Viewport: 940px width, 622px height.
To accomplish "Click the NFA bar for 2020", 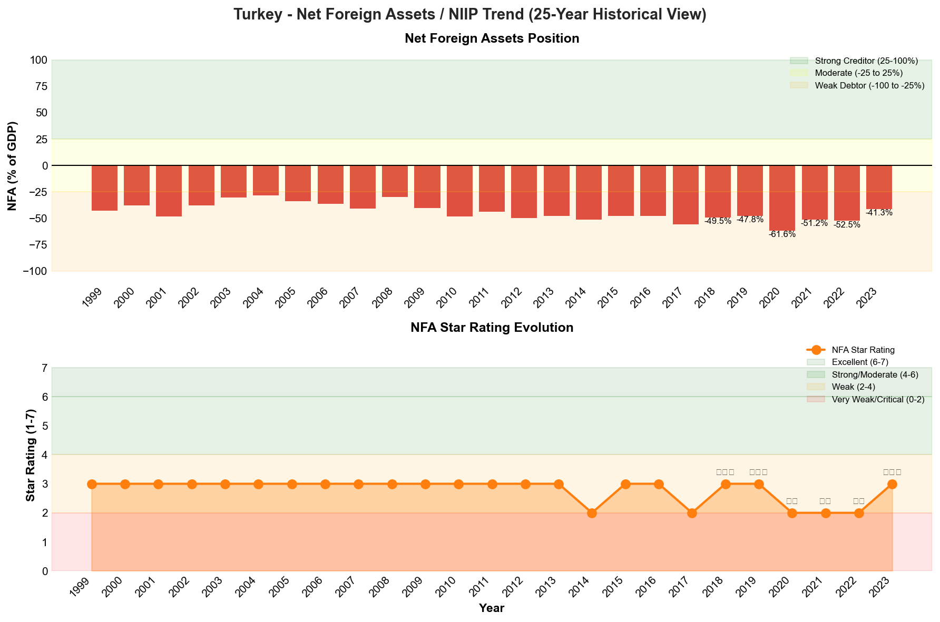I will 782,198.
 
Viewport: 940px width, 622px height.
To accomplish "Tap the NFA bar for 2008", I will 395,181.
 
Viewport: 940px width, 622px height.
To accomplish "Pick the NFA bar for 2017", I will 686,195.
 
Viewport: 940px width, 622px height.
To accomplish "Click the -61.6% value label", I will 782,234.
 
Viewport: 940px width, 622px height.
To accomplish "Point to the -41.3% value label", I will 879,213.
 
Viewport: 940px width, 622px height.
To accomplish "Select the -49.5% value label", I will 718,221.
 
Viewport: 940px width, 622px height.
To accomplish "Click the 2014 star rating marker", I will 592,513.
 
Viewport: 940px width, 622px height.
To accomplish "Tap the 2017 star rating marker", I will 692,513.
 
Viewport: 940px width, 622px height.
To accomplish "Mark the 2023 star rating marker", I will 892,484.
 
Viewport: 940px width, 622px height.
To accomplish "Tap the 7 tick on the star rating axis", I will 44,368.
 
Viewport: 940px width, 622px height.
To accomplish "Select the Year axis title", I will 492,608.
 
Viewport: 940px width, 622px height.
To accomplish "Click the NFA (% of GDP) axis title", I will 13,166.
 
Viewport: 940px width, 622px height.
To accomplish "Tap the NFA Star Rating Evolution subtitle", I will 492,328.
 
